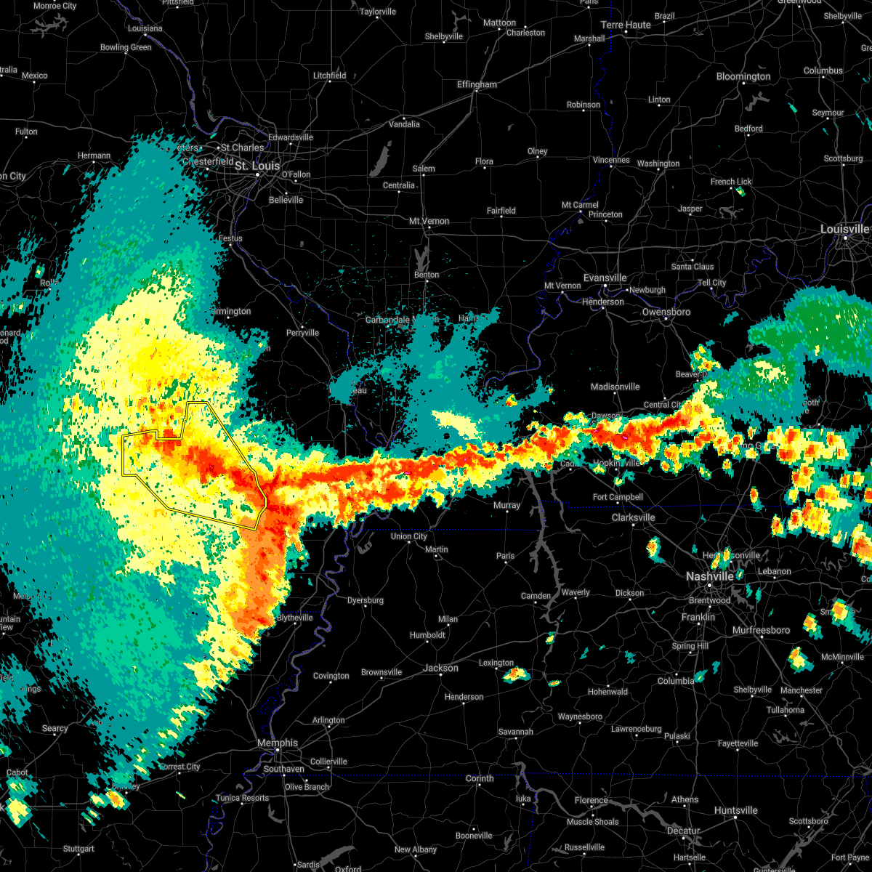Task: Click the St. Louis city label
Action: [257, 166]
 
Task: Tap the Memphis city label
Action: [278, 743]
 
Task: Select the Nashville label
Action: [710, 576]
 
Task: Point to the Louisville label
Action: [844, 229]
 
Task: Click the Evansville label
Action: [605, 278]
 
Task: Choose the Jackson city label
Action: [441, 668]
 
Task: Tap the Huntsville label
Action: [735, 810]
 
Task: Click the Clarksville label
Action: [633, 517]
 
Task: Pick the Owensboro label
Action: [666, 312]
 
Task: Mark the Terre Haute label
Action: [626, 25]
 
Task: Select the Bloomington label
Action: [743, 76]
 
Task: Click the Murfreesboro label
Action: [762, 630]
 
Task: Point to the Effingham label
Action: [477, 84]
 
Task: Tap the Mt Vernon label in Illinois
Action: [429, 221]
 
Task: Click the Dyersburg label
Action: [365, 600]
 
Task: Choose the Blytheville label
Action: [295, 618]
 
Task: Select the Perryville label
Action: [302, 333]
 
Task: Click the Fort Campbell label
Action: [618, 497]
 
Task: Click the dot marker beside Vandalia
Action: [404, 118]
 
